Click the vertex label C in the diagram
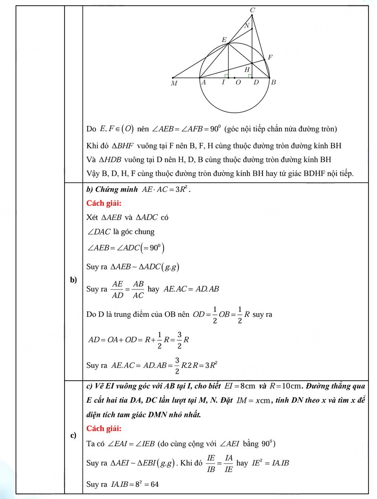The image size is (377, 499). coord(252,10)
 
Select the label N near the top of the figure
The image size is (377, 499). coord(246,26)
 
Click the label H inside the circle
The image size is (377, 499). coord(247,70)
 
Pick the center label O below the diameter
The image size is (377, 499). coord(238,83)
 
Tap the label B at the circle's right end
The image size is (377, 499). coord(273,83)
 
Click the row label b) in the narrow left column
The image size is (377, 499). coord(73,280)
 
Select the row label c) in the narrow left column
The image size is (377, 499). coord(73,435)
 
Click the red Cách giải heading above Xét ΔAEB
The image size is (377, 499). coord(104,203)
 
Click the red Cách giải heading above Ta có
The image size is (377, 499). coord(104,429)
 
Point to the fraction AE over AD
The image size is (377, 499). coord(118,289)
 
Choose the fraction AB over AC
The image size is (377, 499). coord(138,289)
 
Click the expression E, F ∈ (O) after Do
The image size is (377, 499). coord(117,128)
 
